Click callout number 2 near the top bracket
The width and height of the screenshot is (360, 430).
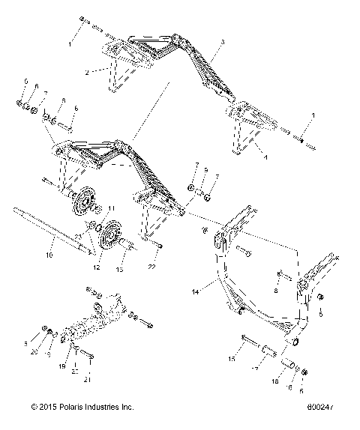(x=87, y=73)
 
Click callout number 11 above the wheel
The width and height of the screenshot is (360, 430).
(x=113, y=208)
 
